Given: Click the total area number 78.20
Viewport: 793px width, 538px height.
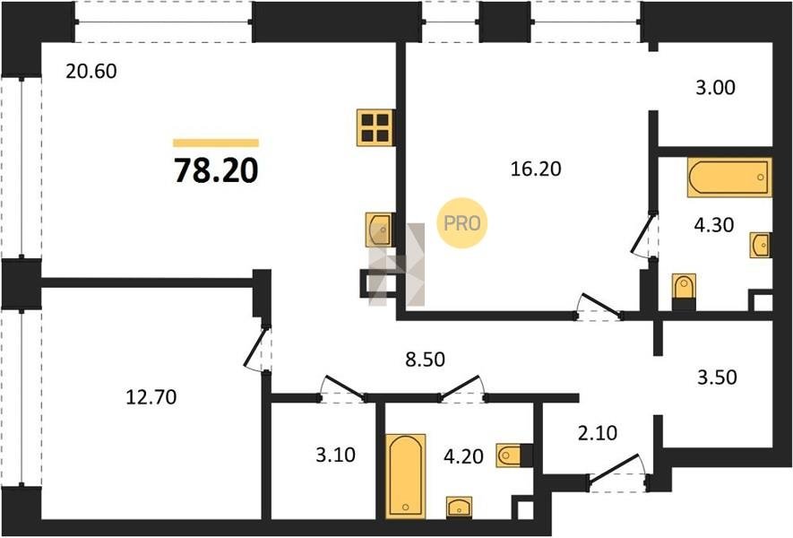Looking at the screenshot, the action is (x=217, y=170).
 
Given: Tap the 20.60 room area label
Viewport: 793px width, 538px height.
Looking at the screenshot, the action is (x=91, y=71).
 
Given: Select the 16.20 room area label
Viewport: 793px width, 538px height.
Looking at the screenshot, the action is (x=536, y=169).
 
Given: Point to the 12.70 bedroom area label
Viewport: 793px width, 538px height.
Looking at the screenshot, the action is (x=151, y=397).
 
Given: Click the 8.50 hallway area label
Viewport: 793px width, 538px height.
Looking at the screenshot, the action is (x=426, y=359).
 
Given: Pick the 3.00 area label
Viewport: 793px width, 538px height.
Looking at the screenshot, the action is (x=715, y=87).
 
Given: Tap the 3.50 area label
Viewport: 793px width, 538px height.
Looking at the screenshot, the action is (x=717, y=377).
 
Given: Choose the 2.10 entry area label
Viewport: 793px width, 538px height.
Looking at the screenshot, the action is (x=598, y=433).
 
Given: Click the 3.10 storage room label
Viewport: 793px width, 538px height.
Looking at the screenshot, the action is (x=335, y=455).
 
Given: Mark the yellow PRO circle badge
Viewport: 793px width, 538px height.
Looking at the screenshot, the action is (x=461, y=222).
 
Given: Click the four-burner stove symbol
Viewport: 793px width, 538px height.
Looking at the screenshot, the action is (x=375, y=127).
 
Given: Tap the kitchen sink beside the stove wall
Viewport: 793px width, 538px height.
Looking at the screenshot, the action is (x=380, y=230).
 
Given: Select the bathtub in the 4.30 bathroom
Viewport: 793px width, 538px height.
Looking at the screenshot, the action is (x=729, y=178).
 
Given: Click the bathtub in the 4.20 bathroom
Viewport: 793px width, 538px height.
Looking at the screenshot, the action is (x=405, y=476).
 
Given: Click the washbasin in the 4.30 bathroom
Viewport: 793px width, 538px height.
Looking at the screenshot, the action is (x=760, y=246).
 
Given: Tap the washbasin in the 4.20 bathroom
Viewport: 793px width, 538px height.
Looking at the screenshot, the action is (x=459, y=508).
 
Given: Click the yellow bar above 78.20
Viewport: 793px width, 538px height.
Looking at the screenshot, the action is (x=216, y=143).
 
